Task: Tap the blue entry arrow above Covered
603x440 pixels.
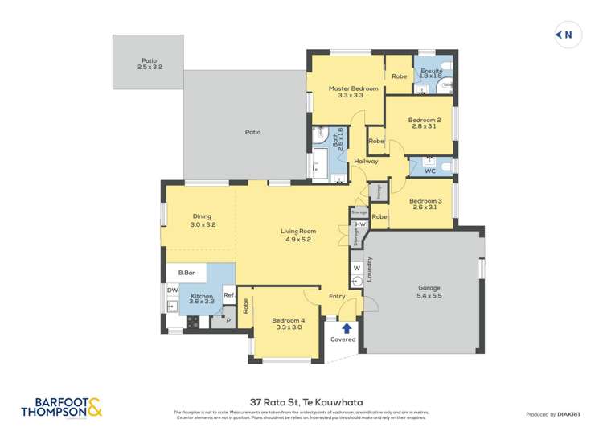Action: (x=347, y=328)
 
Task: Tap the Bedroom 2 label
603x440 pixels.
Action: (x=421, y=122)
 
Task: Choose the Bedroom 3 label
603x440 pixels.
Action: (x=425, y=204)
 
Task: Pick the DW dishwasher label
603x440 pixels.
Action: (x=172, y=290)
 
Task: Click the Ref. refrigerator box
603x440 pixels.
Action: (x=228, y=295)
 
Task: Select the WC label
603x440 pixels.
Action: (x=429, y=171)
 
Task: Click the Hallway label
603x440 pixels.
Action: (x=366, y=161)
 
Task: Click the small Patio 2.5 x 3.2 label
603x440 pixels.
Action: (x=149, y=63)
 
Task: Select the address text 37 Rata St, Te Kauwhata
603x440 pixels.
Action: (x=301, y=401)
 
